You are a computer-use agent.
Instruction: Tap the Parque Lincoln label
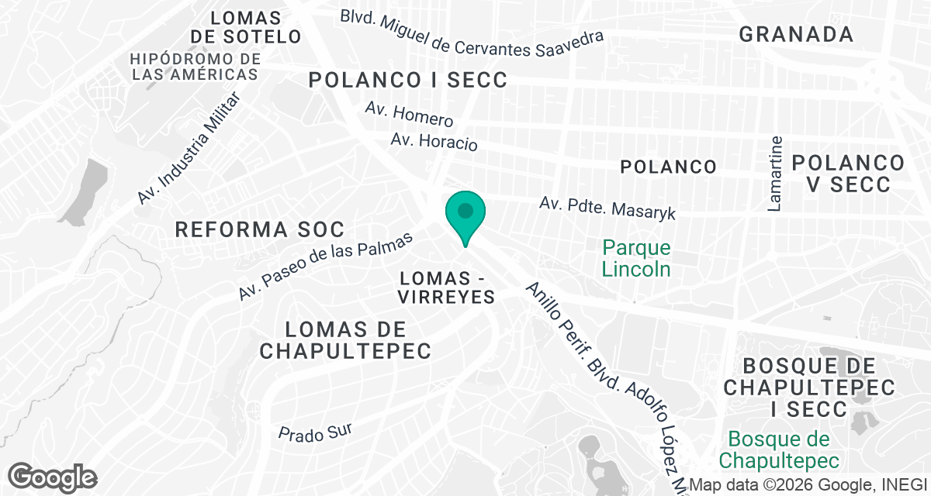pyautogui.click(x=636, y=259)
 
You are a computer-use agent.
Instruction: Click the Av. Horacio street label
pyautogui.click(x=434, y=141)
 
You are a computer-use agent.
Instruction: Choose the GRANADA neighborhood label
pyautogui.click(x=796, y=34)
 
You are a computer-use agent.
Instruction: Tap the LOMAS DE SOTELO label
pyautogui.click(x=245, y=27)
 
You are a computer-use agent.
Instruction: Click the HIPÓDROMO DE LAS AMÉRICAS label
pyautogui.click(x=196, y=67)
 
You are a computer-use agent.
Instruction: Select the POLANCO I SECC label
pyautogui.click(x=407, y=80)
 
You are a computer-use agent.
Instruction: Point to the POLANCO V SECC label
pyautogui.click(x=848, y=174)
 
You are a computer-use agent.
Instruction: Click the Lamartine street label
pyautogui.click(x=774, y=174)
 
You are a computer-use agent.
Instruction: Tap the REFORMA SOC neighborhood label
pyautogui.click(x=259, y=229)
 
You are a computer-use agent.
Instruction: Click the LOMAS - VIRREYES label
pyautogui.click(x=446, y=288)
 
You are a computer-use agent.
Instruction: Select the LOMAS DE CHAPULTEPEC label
pyautogui.click(x=345, y=340)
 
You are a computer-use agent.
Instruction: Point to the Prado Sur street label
pyautogui.click(x=315, y=432)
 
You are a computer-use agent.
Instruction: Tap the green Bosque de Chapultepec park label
pyautogui.click(x=779, y=450)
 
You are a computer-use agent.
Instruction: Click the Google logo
pyautogui.click(x=52, y=476)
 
